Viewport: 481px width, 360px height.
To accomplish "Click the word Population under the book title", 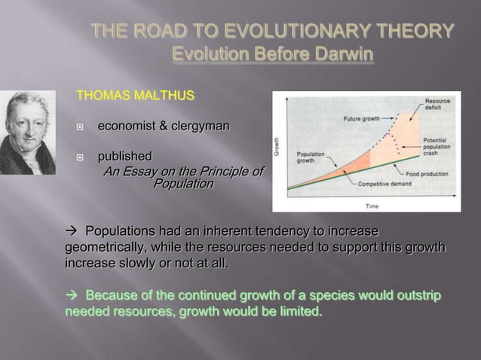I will [183, 184].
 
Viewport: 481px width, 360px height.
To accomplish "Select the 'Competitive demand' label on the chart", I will [384, 184].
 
